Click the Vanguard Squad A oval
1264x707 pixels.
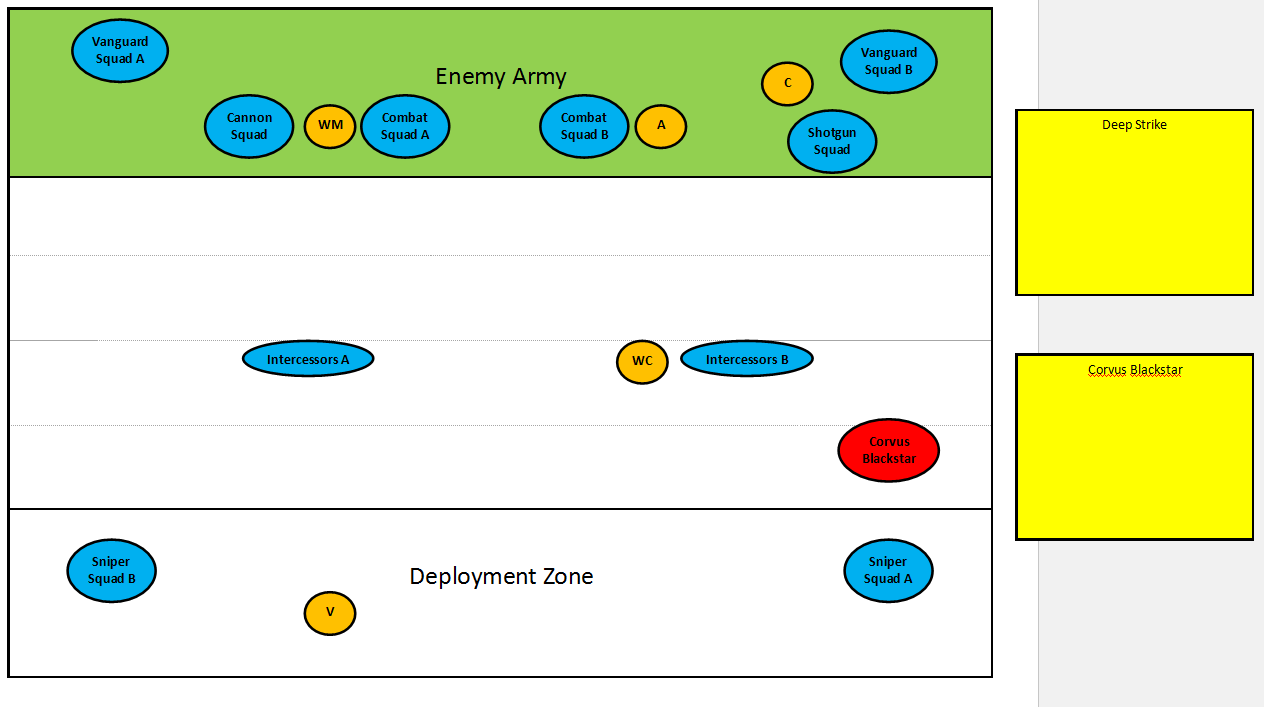pyautogui.click(x=120, y=50)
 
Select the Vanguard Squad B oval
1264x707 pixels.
pyautogui.click(x=888, y=61)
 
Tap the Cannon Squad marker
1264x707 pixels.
pyautogui.click(x=249, y=126)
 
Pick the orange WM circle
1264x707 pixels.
pyautogui.click(x=330, y=126)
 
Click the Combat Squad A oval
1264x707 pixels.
pyautogui.click(x=405, y=126)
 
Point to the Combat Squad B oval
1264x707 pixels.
pyautogui.click(x=584, y=126)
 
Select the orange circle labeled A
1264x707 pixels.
pyautogui.click(x=661, y=126)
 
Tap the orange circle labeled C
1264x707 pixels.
pyautogui.click(x=787, y=84)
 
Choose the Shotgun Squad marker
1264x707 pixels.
pyautogui.click(x=832, y=141)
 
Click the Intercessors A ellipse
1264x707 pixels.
pyautogui.click(x=308, y=359)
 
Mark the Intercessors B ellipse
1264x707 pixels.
pyautogui.click(x=747, y=359)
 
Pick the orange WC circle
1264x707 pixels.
pyautogui.click(x=642, y=361)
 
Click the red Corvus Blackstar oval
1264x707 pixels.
pyautogui.click(x=889, y=450)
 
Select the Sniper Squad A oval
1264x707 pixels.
pyautogui.click(x=888, y=570)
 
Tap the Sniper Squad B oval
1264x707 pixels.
pyautogui.click(x=111, y=570)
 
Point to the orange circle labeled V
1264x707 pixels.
pyautogui.click(x=330, y=612)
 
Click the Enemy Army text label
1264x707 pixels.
pyautogui.click(x=501, y=77)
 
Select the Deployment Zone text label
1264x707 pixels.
pyautogui.click(x=501, y=577)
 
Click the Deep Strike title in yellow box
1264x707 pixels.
pyautogui.click(x=1134, y=125)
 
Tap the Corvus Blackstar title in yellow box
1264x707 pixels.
pyautogui.click(x=1134, y=370)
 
